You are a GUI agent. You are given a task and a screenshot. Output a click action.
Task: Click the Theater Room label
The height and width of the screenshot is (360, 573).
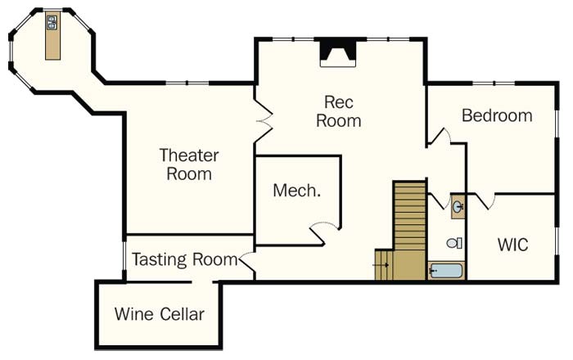click(189, 164)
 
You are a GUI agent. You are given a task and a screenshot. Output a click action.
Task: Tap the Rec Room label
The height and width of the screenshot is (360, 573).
click(338, 111)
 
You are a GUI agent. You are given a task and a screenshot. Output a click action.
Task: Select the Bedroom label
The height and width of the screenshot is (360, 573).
click(497, 115)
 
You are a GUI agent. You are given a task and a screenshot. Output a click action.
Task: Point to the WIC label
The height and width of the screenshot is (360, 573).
click(512, 245)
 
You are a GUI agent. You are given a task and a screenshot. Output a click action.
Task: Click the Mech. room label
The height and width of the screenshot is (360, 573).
click(296, 191)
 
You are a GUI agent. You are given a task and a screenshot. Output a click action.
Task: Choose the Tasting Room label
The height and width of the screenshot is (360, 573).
click(185, 260)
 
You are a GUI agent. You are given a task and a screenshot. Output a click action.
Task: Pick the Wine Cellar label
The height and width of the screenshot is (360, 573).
click(159, 313)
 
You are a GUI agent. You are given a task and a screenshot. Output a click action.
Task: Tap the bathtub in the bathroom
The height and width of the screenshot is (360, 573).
click(446, 270)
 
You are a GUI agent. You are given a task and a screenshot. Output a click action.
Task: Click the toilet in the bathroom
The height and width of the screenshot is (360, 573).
click(453, 243)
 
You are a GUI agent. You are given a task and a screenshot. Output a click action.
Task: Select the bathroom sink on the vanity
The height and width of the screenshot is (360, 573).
click(458, 207)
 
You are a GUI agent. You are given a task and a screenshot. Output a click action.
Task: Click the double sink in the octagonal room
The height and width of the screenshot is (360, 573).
click(52, 25)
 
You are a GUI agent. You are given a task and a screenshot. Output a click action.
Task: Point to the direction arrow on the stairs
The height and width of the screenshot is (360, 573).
click(381, 263)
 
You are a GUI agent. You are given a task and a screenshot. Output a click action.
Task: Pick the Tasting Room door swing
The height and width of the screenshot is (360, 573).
click(248, 262)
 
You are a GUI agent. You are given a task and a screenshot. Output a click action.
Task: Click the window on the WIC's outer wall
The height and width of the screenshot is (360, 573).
click(557, 237)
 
